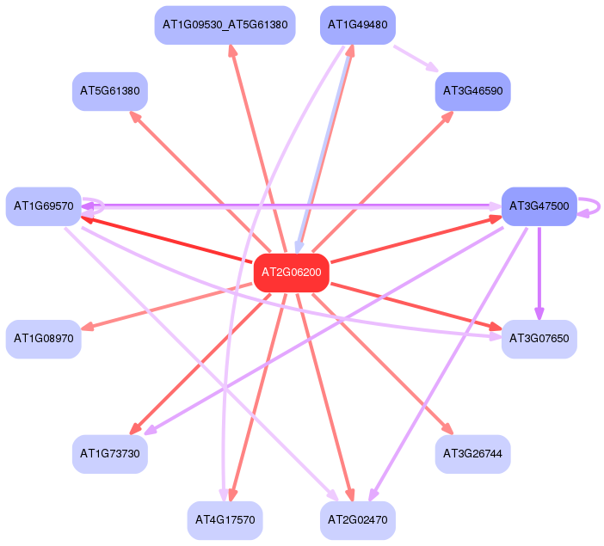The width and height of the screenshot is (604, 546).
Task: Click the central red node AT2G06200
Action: pyautogui.click(x=292, y=273)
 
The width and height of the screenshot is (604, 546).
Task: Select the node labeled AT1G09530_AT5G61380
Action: pyautogui.click(x=225, y=25)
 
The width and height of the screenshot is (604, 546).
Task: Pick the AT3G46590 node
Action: pyautogui.click(x=473, y=90)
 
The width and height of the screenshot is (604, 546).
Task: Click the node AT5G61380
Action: pyautogui.click(x=109, y=90)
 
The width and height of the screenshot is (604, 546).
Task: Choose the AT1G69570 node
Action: pyautogui.click(x=43, y=206)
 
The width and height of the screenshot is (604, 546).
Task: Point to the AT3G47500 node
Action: pyautogui.click(x=539, y=206)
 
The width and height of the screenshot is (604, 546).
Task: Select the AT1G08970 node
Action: pyautogui.click(x=43, y=339)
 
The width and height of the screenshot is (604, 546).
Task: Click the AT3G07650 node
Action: pyautogui.click(x=539, y=339)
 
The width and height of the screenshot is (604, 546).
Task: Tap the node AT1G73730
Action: pyautogui.click(x=109, y=453)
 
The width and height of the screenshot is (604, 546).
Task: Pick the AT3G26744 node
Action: pyautogui.click(x=473, y=453)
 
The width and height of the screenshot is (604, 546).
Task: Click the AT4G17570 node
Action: pyautogui.click(x=225, y=520)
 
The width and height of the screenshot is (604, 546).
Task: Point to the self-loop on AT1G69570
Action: pyautogui.click(x=97, y=206)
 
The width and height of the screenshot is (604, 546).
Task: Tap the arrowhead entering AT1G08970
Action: pyautogui.click(x=88, y=327)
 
